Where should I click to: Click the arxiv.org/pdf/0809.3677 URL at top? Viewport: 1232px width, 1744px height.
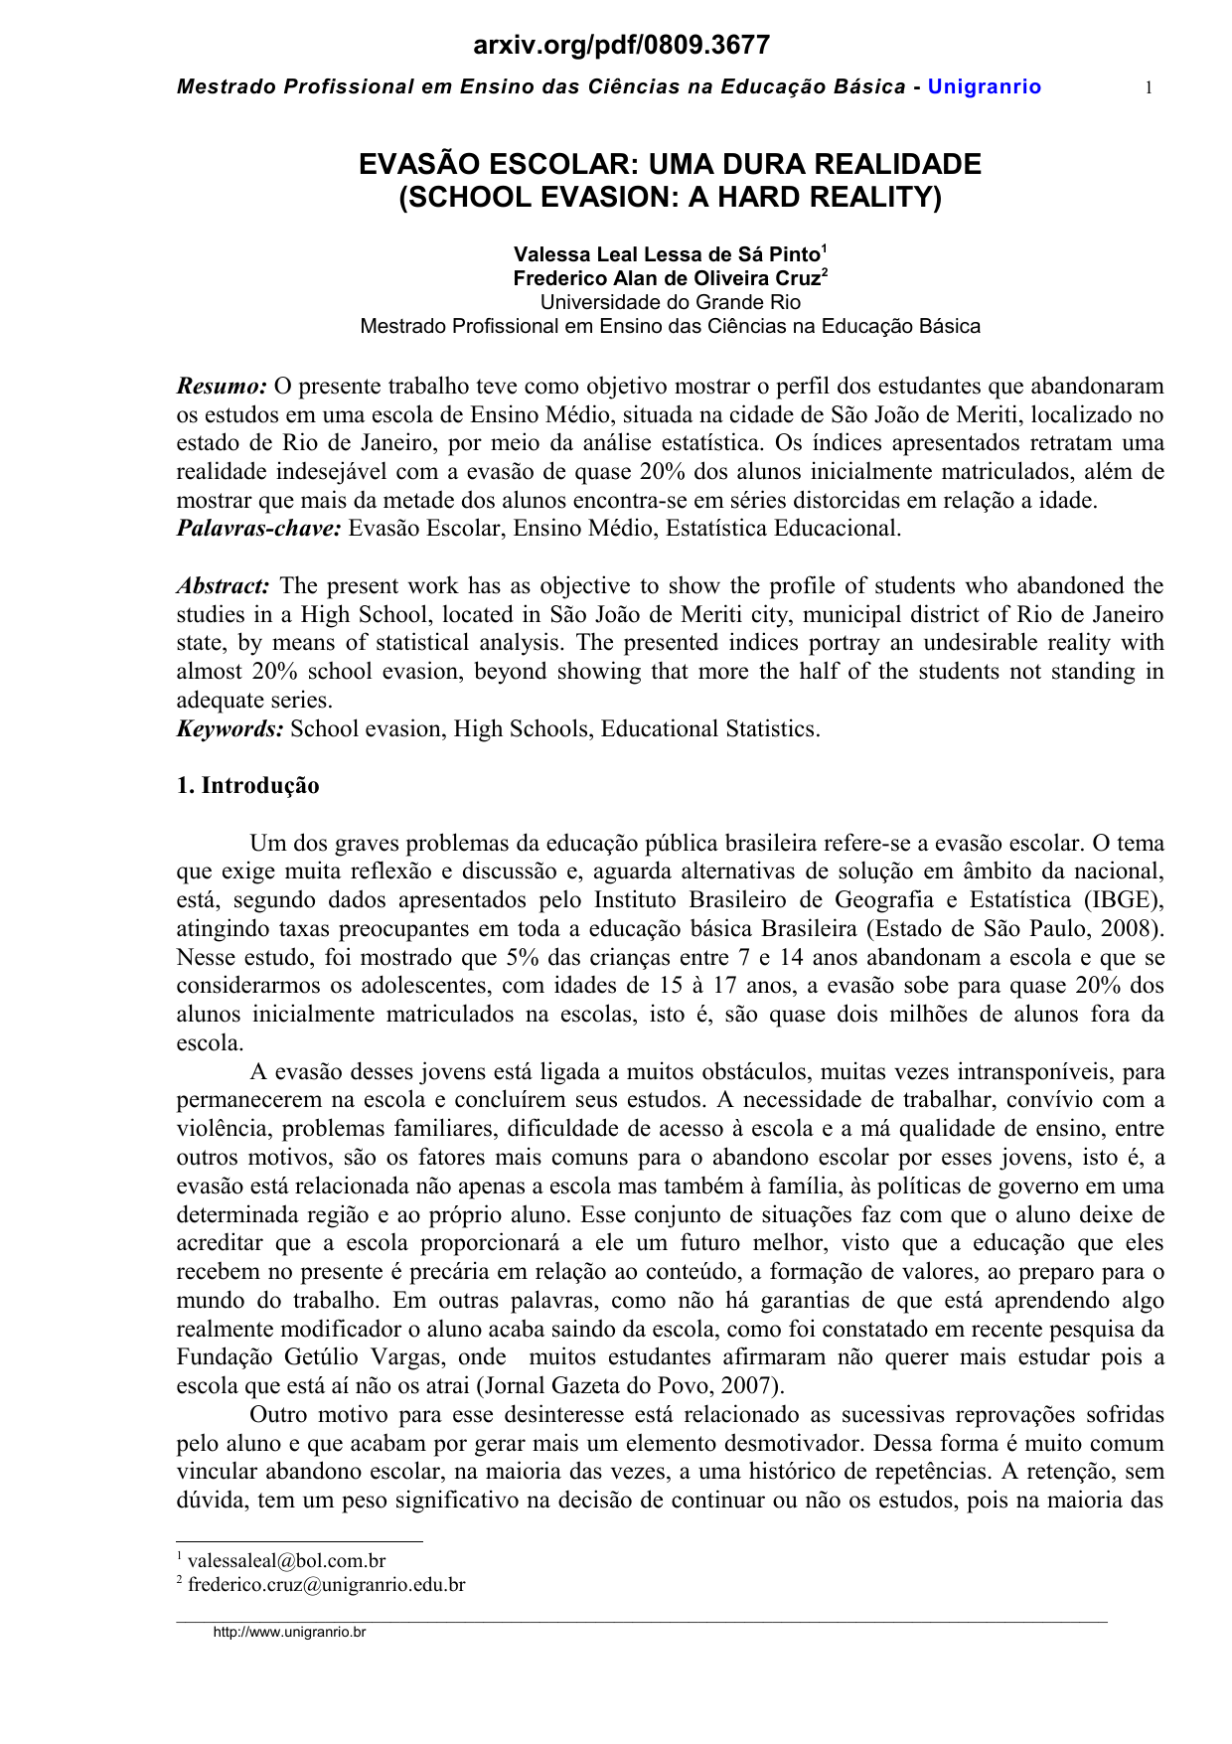click(x=621, y=45)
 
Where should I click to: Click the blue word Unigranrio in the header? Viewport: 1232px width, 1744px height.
click(x=984, y=87)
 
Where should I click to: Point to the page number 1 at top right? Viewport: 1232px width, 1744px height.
click(x=1149, y=88)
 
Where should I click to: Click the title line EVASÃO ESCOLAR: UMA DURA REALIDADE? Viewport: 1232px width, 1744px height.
click(x=670, y=164)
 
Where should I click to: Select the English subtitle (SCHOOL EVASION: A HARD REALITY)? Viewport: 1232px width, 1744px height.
click(x=670, y=197)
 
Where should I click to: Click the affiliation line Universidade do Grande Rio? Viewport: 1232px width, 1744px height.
click(x=670, y=302)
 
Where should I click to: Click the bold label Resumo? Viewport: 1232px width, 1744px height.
click(x=222, y=386)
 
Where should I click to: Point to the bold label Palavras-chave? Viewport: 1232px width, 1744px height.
click(x=258, y=529)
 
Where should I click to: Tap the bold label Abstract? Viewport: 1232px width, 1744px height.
click(x=224, y=586)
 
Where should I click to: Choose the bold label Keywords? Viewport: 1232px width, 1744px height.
click(x=231, y=729)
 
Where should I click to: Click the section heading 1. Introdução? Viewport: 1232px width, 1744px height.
click(x=248, y=786)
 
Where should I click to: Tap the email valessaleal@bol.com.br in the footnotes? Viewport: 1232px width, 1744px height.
click(x=286, y=1561)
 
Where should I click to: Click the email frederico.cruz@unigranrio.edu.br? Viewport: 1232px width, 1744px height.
click(x=326, y=1585)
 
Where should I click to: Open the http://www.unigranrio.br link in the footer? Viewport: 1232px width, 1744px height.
click(x=290, y=1633)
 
